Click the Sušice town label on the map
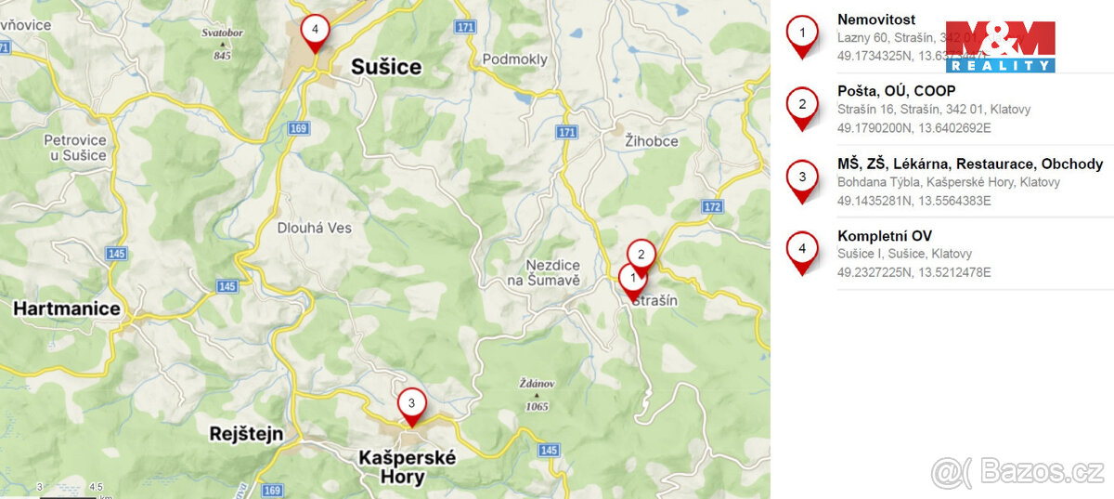[386, 67]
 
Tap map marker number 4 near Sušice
[316, 31]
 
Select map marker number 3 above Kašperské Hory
[411, 404]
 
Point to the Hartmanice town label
[67, 309]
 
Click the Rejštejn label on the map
[246, 434]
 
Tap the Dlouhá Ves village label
[315, 228]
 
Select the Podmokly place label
[515, 59]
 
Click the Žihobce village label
[651, 141]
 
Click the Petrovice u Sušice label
[75, 148]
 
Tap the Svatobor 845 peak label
[221, 44]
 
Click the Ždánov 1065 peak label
[536, 394]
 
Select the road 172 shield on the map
[712, 205]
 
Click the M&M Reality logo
[1000, 46]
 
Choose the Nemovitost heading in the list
[875, 20]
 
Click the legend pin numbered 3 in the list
[802, 179]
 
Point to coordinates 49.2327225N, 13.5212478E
[913, 272]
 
